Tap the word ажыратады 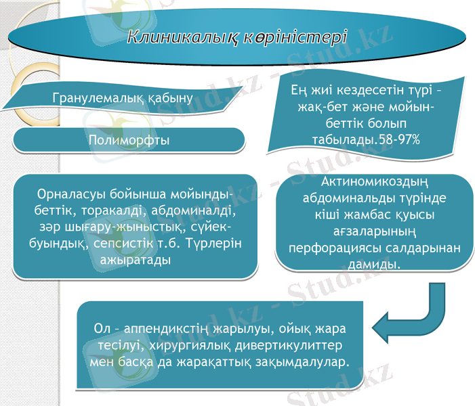(x=129, y=258)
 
